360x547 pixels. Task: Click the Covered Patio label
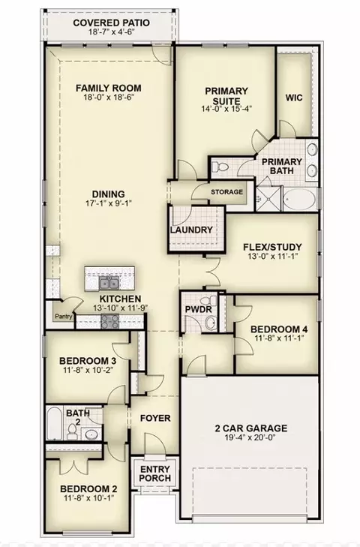coord(111,23)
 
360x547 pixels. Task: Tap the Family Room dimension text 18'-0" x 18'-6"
coord(109,98)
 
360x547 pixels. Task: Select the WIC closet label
coord(294,98)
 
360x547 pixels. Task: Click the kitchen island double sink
coord(109,284)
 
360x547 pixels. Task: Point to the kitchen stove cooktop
coord(110,321)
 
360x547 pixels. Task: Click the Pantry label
coord(64,317)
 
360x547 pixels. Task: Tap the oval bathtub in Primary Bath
coord(299,200)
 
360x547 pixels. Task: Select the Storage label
coord(226,192)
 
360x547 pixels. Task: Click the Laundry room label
coord(191,230)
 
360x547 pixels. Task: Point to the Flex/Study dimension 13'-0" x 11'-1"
coord(272,255)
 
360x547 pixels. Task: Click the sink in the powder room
coord(210,323)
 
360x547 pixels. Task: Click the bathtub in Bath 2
coord(55,423)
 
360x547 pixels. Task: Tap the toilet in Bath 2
coord(73,431)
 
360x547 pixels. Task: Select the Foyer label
coord(155,418)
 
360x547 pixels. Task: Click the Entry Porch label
coord(155,473)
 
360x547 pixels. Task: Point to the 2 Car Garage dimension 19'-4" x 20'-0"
coord(250,437)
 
